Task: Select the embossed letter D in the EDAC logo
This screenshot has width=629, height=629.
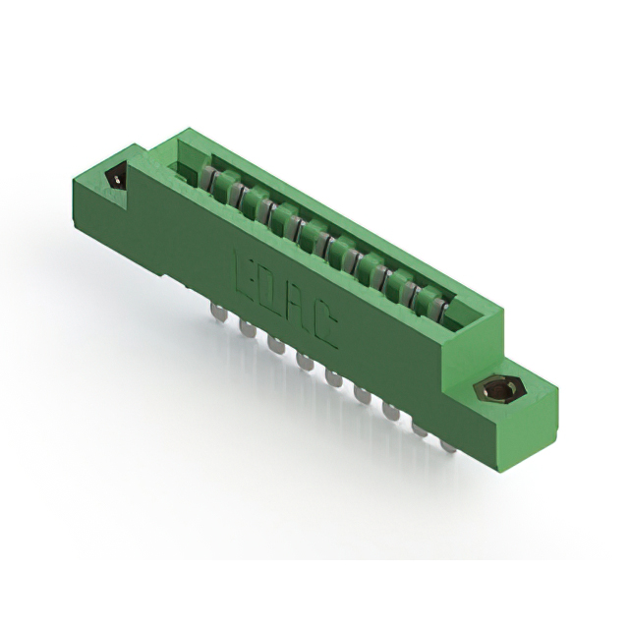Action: tap(273, 292)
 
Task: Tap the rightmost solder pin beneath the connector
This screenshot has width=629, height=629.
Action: tap(448, 442)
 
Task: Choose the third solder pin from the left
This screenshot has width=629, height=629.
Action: tap(272, 343)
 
